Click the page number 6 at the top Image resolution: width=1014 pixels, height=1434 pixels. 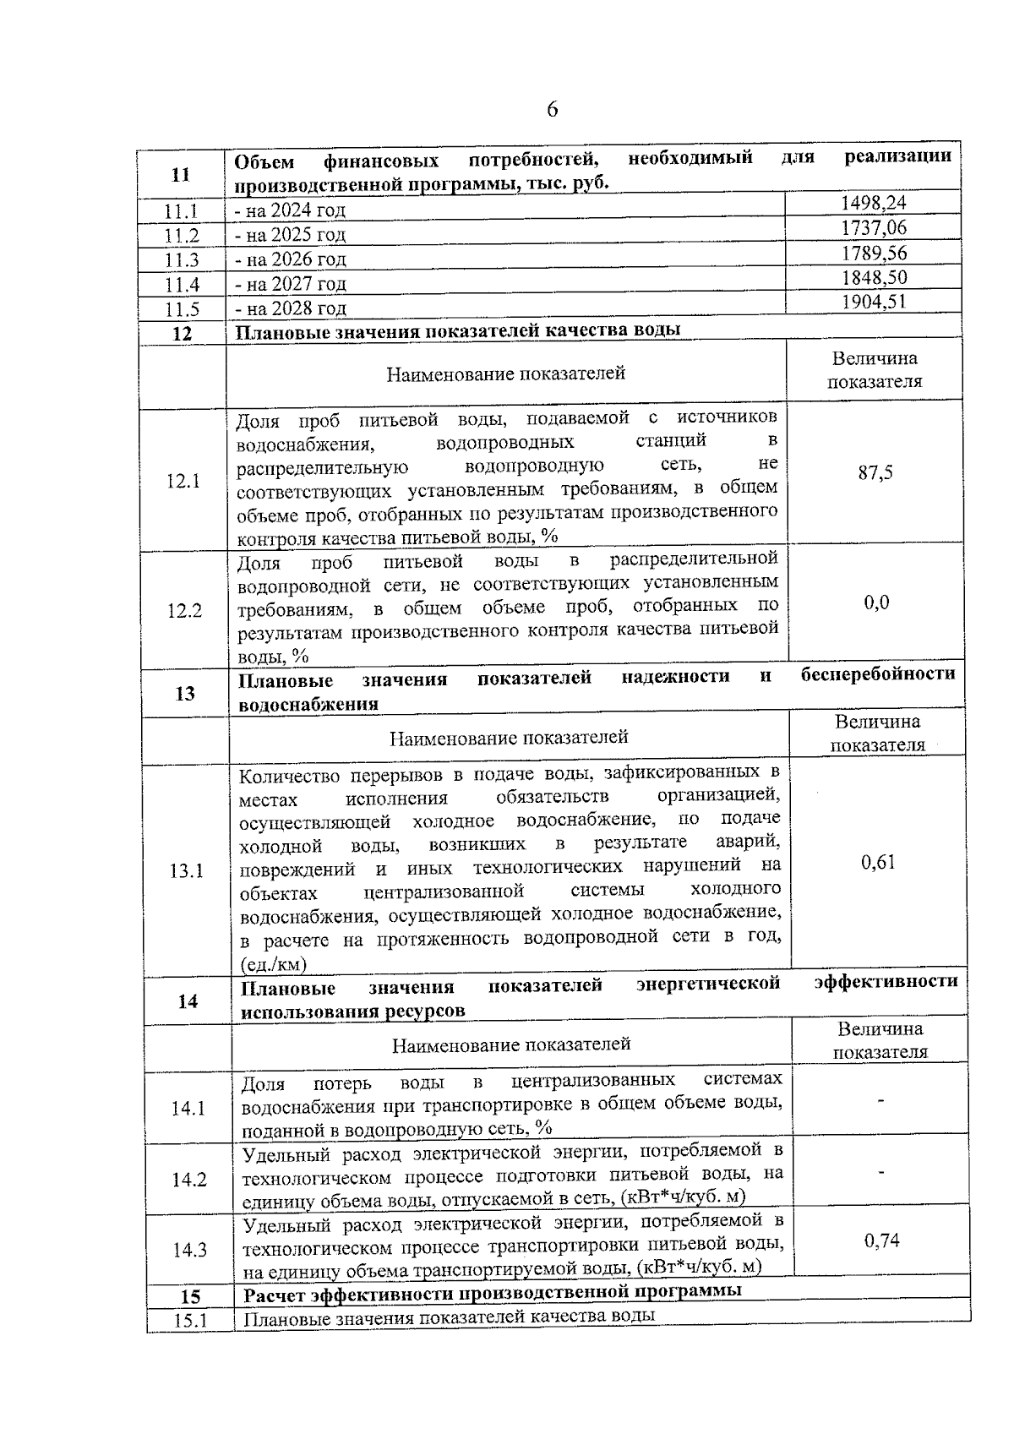[x=552, y=110]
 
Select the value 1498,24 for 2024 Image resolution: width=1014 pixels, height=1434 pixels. [x=873, y=203]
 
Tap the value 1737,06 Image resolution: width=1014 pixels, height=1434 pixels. [x=873, y=227]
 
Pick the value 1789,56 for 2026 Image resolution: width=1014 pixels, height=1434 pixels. [x=873, y=253]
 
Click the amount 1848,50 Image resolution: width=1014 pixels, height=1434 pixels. [x=873, y=277]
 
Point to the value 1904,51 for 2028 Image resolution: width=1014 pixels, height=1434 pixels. [x=873, y=302]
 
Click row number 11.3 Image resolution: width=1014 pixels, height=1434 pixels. [x=182, y=260]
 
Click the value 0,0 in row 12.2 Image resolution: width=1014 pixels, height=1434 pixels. [x=876, y=603]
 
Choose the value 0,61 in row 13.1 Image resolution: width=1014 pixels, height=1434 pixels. [x=878, y=863]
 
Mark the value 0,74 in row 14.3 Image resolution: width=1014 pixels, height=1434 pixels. [x=881, y=1240]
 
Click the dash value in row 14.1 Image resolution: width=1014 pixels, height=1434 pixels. [x=880, y=1101]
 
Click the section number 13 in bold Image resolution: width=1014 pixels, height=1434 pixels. [x=185, y=694]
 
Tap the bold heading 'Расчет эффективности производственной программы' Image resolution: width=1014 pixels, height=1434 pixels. [x=493, y=1292]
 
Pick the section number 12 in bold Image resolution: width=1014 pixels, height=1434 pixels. [x=182, y=334]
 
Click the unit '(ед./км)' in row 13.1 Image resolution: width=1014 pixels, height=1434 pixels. [x=274, y=964]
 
